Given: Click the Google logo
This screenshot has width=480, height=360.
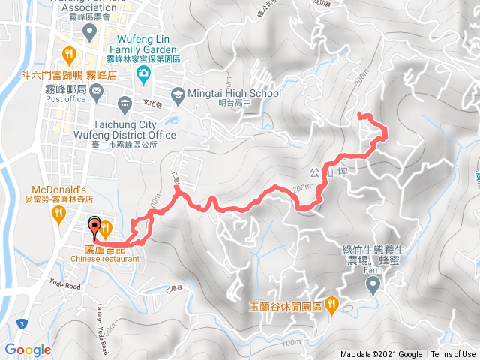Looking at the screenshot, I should point(28,349).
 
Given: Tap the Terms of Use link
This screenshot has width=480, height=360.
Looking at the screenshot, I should point(452,355).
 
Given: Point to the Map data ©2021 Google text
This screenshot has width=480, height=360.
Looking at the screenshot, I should point(381,355).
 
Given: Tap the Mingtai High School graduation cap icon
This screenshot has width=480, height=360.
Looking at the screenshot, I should point(177,94).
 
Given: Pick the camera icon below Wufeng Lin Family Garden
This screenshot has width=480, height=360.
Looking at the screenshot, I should point(143,73).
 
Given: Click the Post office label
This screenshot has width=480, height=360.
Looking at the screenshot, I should point(67,98).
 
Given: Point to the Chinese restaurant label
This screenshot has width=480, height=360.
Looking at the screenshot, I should point(106,259).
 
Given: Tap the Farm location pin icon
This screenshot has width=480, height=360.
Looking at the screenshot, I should point(373,284).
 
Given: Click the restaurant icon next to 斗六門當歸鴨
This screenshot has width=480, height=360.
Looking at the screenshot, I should point(70,54).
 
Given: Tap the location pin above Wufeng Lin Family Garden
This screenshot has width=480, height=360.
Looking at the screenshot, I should point(90,32).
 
